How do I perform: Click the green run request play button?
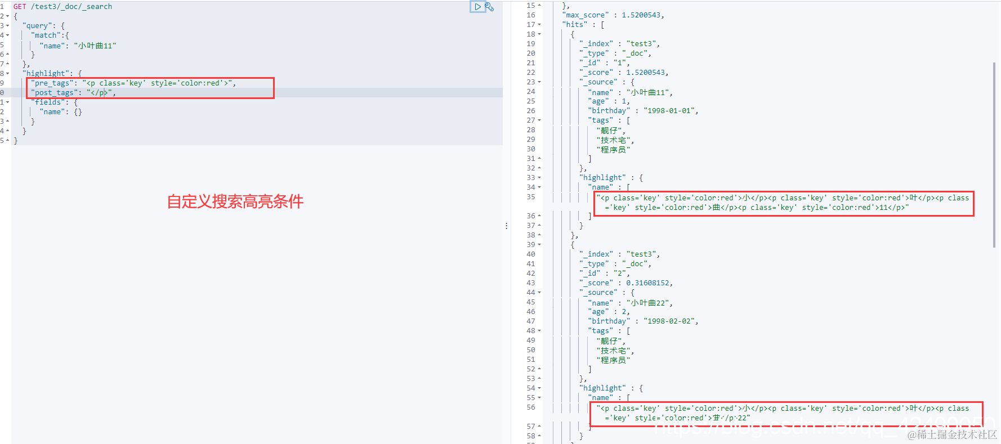[x=477, y=7]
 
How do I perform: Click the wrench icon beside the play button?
[x=489, y=7]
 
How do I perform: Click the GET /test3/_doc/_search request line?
[x=62, y=7]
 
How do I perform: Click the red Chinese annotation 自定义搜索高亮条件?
[x=235, y=201]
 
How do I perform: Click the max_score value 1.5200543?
[x=641, y=15]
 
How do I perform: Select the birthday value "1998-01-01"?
[x=670, y=111]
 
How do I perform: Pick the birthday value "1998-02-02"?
[x=670, y=321]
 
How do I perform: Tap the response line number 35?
[x=531, y=197]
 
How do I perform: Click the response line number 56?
[x=531, y=407]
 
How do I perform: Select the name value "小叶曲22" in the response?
[x=650, y=303]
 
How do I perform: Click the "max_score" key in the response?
[x=586, y=15]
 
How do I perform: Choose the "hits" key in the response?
[x=574, y=25]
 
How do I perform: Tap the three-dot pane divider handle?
[x=506, y=226]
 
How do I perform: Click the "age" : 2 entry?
[x=609, y=312]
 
